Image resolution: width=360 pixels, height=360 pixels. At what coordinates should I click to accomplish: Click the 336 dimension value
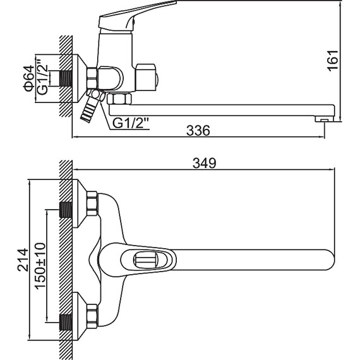click(x=198, y=130)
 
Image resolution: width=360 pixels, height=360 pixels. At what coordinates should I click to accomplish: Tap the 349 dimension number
click(x=205, y=163)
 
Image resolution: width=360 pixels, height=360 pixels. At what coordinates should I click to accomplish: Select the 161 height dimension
click(x=332, y=60)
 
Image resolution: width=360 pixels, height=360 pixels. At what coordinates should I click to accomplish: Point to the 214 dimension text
click(x=23, y=260)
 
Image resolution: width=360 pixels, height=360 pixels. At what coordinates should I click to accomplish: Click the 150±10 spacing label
click(x=40, y=266)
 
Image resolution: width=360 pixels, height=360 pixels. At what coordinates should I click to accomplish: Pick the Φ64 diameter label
click(x=28, y=78)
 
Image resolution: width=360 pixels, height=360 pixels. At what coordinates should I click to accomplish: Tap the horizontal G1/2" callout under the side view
click(x=131, y=124)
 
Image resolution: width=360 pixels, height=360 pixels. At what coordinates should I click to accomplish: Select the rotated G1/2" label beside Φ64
click(x=42, y=76)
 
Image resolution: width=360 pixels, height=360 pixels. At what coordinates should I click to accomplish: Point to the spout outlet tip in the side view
click(x=324, y=119)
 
